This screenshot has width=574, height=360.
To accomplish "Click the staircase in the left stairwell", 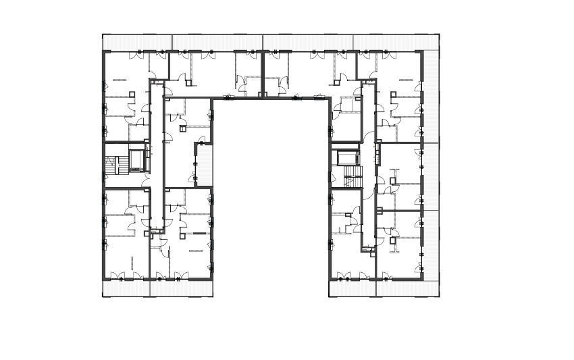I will pos(115,165).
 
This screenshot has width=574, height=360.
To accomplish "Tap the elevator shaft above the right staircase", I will pos(348,157).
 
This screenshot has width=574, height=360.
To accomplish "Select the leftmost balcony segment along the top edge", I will pos(137,42).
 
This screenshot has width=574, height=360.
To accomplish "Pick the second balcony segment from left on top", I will pos(217,42).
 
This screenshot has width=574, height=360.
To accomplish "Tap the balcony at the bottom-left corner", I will pos(126,288).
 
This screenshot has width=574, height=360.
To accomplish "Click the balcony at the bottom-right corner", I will pos(408,288).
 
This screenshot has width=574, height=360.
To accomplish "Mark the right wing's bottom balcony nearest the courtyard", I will pos(352,288).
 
